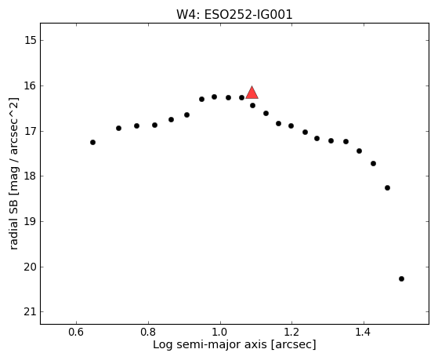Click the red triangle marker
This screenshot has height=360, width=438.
point(252,93)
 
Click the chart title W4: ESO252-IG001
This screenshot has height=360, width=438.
point(234,15)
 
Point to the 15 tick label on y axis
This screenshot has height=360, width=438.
point(31,40)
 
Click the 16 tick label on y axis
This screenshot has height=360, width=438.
point(31,85)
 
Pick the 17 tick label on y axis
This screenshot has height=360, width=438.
point(31,131)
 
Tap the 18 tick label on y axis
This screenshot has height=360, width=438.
point(31,176)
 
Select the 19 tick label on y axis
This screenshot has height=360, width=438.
point(31,221)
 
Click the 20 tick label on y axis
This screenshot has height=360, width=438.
point(31,267)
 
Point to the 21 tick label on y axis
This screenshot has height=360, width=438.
point(31,312)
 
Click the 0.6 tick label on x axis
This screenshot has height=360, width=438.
point(76,333)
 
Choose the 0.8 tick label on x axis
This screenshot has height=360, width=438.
point(148,333)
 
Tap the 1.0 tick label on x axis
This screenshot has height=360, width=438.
point(220,333)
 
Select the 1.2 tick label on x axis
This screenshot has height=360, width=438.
point(292,333)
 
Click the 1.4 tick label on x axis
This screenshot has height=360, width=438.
point(363,333)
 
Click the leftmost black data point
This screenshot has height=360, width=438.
point(92,143)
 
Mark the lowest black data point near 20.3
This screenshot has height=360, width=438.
point(401,279)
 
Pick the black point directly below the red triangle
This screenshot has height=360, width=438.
point(252,105)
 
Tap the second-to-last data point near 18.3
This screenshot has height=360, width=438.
point(387,187)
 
